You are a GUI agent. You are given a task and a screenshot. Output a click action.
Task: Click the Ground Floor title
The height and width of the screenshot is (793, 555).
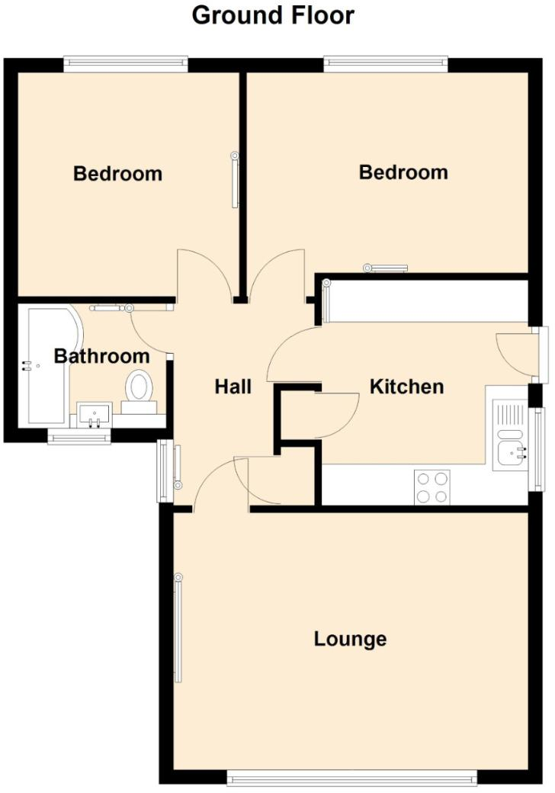(x=273, y=15)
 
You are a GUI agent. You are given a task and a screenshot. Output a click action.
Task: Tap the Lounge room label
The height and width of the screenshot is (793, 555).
(x=350, y=639)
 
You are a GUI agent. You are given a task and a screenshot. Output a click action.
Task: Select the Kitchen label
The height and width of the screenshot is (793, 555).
(x=406, y=387)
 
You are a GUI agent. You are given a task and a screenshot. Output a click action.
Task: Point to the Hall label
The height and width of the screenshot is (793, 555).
(x=233, y=387)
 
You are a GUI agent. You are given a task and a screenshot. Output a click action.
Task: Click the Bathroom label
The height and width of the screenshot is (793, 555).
(x=101, y=356)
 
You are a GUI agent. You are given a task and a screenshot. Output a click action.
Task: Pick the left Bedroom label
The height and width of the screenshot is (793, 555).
(x=117, y=174)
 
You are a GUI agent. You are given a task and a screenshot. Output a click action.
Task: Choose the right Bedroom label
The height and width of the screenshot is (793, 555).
(x=403, y=172)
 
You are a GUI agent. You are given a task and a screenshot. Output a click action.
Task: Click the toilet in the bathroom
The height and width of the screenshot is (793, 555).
(x=138, y=389)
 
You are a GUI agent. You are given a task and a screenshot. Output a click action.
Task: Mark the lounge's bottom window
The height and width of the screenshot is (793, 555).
(x=351, y=777)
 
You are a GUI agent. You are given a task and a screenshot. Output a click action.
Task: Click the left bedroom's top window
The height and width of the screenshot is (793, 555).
(x=126, y=63)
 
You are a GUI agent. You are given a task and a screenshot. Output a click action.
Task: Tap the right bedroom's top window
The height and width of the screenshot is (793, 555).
(x=385, y=63)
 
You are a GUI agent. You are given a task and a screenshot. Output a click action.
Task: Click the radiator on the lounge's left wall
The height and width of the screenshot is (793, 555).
(x=178, y=628)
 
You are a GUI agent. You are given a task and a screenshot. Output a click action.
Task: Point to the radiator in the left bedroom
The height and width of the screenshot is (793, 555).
(x=235, y=180)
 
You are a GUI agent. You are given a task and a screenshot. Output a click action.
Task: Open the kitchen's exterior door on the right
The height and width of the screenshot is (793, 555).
(x=541, y=355)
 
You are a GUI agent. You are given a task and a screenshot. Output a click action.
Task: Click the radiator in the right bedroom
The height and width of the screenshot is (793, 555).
(x=386, y=268)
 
